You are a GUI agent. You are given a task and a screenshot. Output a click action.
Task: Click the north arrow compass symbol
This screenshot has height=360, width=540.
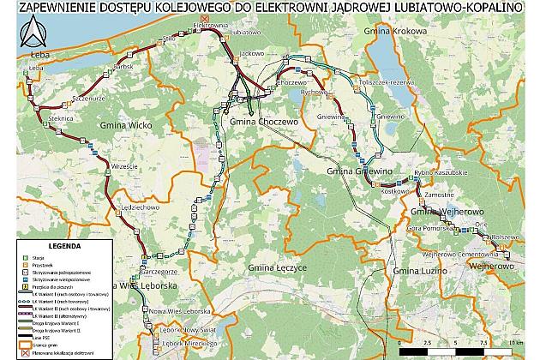coord(35,34)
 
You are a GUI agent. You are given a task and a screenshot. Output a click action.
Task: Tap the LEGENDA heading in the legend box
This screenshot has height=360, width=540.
coord(64,244)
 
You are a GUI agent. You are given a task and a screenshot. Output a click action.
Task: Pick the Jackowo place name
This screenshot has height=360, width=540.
coord(249,53)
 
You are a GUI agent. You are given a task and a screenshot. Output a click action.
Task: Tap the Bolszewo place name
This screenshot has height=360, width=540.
coord(506,237)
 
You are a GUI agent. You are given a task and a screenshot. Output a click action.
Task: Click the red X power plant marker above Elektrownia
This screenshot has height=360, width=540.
coord(203,18)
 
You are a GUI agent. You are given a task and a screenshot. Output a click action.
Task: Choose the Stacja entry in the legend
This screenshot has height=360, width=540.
coord(39,256)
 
